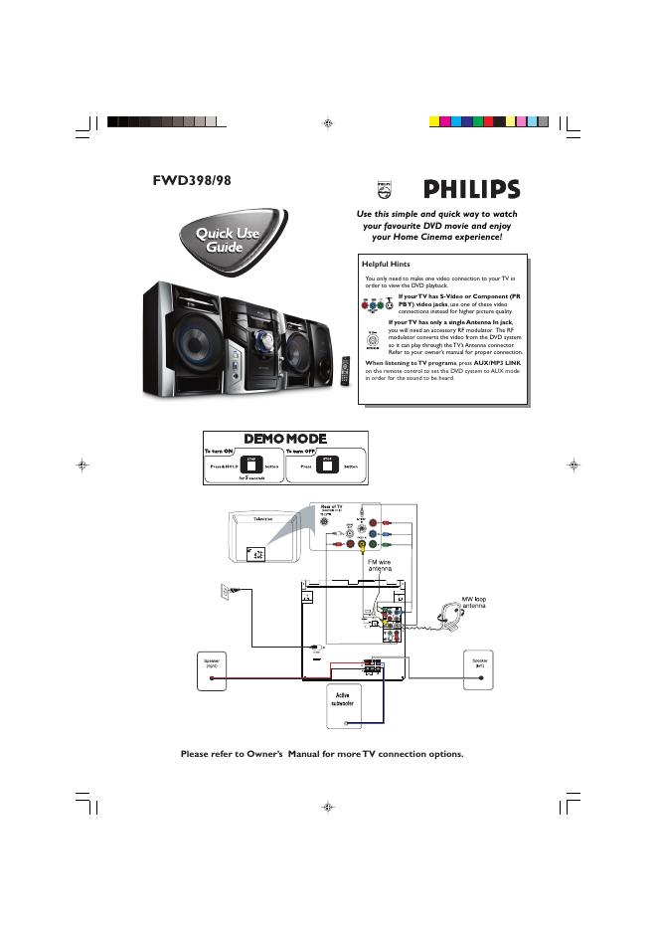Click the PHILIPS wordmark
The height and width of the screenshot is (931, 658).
(472, 189)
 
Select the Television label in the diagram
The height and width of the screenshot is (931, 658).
(263, 519)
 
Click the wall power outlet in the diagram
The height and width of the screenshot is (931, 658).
(225, 593)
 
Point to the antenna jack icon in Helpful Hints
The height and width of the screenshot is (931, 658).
(373, 338)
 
